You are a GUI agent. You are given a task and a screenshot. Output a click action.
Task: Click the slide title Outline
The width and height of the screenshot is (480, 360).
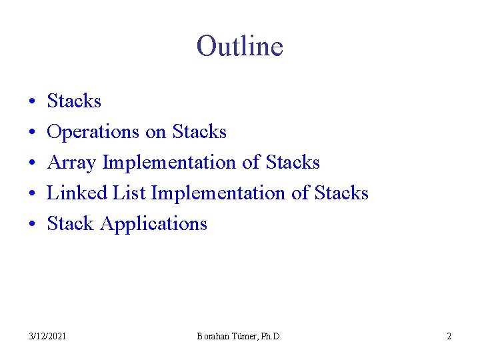click(x=240, y=47)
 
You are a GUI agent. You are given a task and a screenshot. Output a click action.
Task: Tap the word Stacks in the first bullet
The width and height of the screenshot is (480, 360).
click(x=74, y=101)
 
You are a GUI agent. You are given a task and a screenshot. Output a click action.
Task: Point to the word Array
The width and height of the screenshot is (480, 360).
click(x=71, y=163)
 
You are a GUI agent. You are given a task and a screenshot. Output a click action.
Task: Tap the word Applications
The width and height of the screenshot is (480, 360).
click(x=153, y=224)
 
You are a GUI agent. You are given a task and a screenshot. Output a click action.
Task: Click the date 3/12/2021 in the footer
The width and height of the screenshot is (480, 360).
click(x=47, y=337)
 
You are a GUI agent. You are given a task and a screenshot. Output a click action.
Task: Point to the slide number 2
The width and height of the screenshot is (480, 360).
click(x=449, y=337)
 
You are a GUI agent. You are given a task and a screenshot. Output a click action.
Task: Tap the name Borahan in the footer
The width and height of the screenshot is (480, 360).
click(x=213, y=337)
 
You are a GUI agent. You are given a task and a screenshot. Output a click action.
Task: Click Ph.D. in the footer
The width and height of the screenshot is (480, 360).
click(x=269, y=337)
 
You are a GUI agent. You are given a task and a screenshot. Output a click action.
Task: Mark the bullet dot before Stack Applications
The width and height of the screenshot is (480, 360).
click(x=32, y=225)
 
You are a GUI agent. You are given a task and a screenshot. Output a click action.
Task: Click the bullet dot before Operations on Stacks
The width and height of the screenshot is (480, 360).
click(x=32, y=133)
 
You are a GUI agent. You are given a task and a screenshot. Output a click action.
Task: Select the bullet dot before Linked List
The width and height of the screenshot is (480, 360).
click(x=32, y=194)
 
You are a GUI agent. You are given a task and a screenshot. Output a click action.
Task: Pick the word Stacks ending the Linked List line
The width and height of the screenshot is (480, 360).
click(x=341, y=193)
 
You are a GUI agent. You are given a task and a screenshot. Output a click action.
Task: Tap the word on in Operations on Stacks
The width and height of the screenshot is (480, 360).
click(x=155, y=132)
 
